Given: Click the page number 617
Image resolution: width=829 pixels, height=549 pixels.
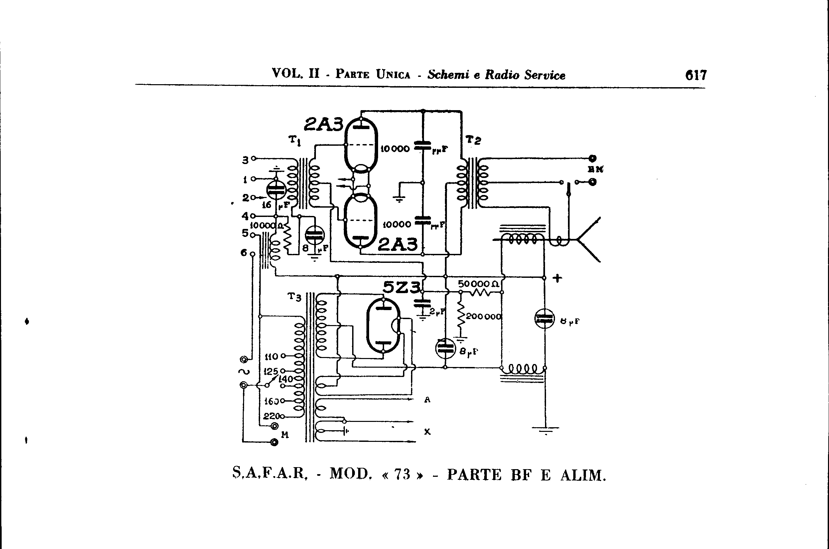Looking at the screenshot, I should pos(696,75).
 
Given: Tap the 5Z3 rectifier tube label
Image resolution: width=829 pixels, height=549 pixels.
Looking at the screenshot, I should pos(401,288).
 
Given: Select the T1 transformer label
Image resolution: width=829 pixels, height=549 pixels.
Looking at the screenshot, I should pos(295,140).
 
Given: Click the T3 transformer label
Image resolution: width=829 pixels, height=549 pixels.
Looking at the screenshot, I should pos(294,297).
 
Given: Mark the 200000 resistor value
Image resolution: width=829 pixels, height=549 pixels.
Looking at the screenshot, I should pos(484,316).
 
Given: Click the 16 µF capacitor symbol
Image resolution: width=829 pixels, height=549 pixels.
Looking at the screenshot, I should pos(276,190).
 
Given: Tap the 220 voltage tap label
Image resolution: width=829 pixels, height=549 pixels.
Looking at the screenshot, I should pos(272,416).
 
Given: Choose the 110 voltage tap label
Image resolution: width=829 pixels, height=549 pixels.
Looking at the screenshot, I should pos(271,357).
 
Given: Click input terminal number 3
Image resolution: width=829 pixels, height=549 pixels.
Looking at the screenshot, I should pos(245,160).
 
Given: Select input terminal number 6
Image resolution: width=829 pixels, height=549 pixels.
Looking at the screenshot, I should pos(244,253).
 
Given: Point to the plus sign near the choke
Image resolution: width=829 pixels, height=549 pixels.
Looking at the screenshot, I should pos(557,278).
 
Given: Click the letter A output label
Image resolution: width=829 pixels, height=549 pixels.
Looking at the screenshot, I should pos(427,400).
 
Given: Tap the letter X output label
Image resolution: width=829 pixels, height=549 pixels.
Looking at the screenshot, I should pos(427,432).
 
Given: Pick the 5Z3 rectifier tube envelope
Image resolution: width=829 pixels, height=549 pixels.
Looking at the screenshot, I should pos(383,326).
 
